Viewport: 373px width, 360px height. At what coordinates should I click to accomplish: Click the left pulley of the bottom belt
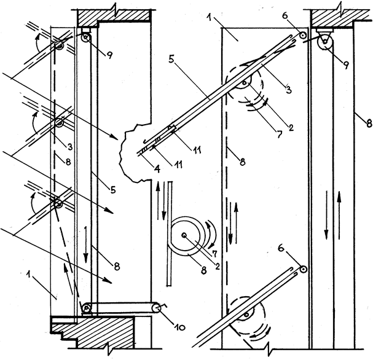[x=88, y=308]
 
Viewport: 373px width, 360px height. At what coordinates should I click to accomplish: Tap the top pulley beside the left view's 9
[x=85, y=37]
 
